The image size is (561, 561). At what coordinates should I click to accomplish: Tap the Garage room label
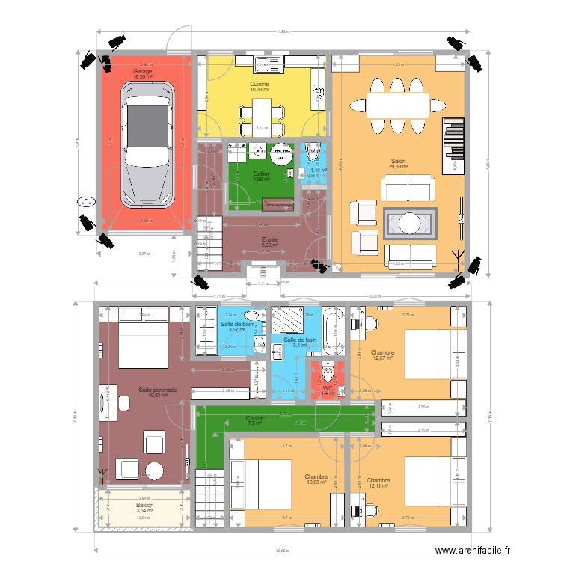(x=142, y=71)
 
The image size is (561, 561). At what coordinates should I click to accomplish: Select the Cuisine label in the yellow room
(x=260, y=85)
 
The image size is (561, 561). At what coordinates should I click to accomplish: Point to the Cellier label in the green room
(x=261, y=174)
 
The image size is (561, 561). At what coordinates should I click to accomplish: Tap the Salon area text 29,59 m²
(x=399, y=166)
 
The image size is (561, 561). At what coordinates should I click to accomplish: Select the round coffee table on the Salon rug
(x=409, y=223)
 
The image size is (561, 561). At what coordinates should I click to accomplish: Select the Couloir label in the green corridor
(x=256, y=419)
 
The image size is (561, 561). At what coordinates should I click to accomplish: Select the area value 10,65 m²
(x=316, y=482)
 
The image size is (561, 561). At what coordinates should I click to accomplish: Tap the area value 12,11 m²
(x=378, y=486)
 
